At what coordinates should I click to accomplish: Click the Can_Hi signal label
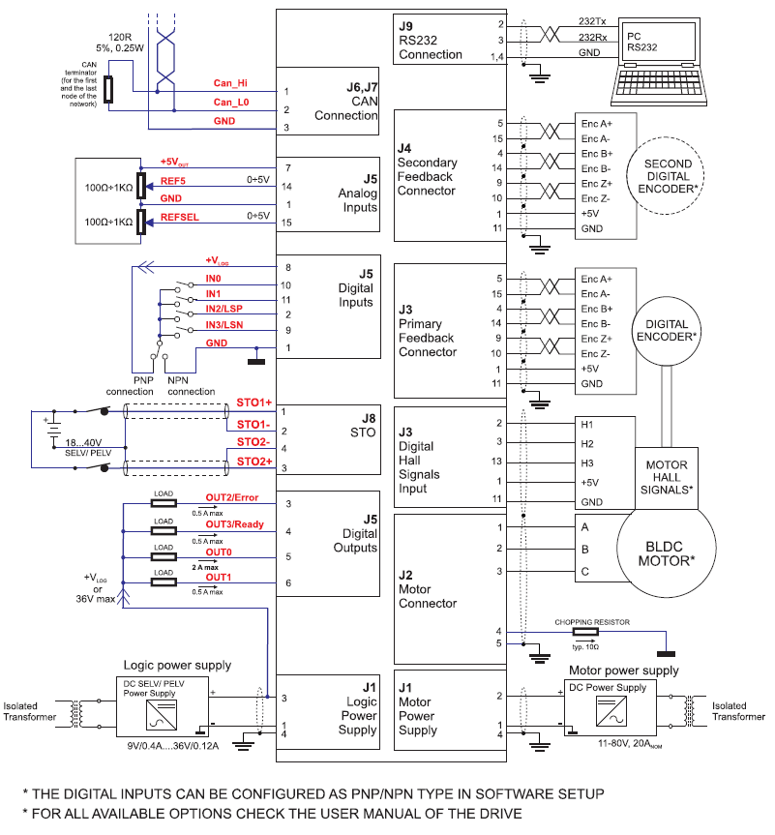coord(231,83)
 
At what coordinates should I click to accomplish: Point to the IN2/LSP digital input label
coord(224,308)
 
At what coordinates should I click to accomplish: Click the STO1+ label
coord(253,402)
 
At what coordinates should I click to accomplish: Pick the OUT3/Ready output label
coord(233,524)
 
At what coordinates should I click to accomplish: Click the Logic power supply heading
coord(177,666)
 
